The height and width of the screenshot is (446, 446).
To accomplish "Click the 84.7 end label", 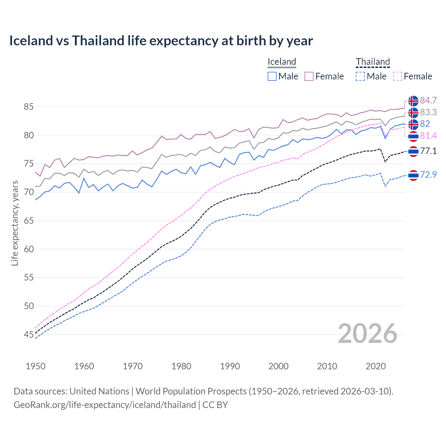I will [x=428, y=101].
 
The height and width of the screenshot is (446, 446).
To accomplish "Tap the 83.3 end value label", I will [x=428, y=113].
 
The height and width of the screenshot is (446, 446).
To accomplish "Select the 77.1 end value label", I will [x=428, y=151].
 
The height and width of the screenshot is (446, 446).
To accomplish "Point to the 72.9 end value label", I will [x=428, y=175].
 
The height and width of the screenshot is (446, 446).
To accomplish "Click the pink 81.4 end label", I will [x=428, y=136].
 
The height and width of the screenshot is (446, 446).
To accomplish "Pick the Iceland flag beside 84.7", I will [x=413, y=101].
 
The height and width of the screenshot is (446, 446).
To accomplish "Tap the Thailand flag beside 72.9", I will [x=413, y=175].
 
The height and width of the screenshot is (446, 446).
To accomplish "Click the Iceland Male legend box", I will [x=272, y=76].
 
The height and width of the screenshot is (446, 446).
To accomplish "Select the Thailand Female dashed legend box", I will [x=398, y=76].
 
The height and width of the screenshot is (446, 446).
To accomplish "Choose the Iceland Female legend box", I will [x=309, y=76].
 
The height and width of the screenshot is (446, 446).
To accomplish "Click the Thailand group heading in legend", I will [x=372, y=62].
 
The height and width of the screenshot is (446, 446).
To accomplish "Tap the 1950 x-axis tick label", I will [x=36, y=366].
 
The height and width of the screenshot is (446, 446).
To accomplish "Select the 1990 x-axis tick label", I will [x=230, y=366].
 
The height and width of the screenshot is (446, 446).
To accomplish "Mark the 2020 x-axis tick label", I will [x=376, y=366].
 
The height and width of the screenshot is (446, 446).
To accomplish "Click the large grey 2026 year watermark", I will [x=367, y=334].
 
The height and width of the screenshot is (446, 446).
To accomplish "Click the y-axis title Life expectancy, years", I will [x=15, y=223].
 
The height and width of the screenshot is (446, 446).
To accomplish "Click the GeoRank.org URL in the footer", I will [x=105, y=405].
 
